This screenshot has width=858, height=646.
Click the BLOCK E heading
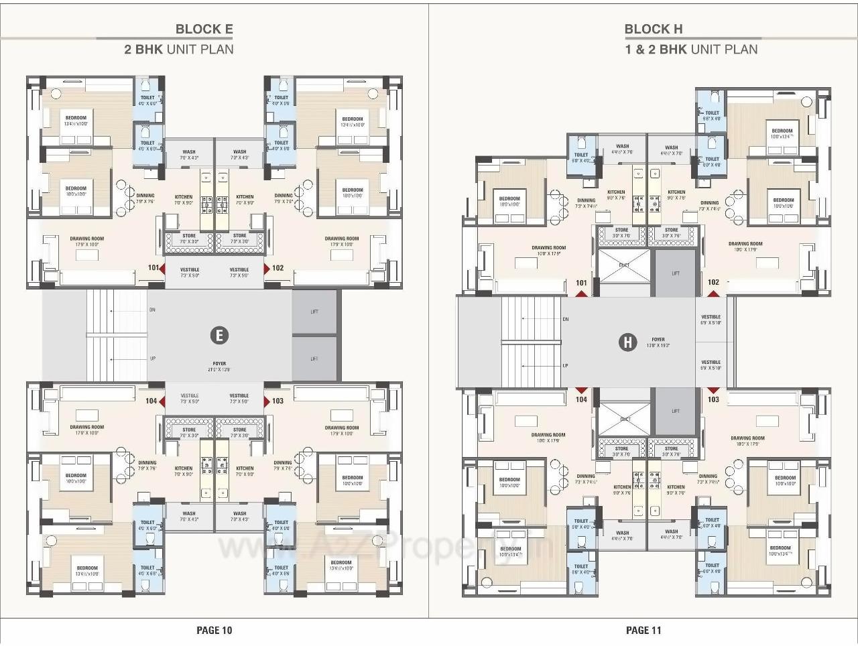[x=204, y=29]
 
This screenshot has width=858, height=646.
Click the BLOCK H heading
[x=654, y=29]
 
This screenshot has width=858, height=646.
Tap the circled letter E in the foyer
[x=219, y=335]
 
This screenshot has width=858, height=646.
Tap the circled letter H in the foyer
[x=627, y=342]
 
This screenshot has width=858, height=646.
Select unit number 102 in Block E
[x=278, y=268]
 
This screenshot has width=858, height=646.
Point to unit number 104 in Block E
[x=151, y=401]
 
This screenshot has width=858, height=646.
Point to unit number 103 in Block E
[x=278, y=401]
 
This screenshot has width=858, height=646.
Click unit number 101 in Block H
[x=581, y=283]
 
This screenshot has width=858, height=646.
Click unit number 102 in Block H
[x=713, y=282]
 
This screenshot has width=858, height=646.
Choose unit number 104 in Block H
[x=581, y=399]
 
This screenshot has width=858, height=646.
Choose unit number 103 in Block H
[x=713, y=399]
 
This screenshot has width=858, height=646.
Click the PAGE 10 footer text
[x=214, y=630]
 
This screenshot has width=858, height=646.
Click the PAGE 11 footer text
[x=643, y=630]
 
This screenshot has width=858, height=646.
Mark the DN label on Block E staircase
[x=152, y=310]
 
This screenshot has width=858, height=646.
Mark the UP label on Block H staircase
[x=565, y=366]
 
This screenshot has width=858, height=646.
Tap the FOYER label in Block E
[x=219, y=364]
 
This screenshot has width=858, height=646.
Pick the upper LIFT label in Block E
[x=314, y=312]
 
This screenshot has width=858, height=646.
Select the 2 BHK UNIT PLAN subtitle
[x=179, y=49]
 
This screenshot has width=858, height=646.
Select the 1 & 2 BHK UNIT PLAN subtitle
[x=691, y=49]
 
